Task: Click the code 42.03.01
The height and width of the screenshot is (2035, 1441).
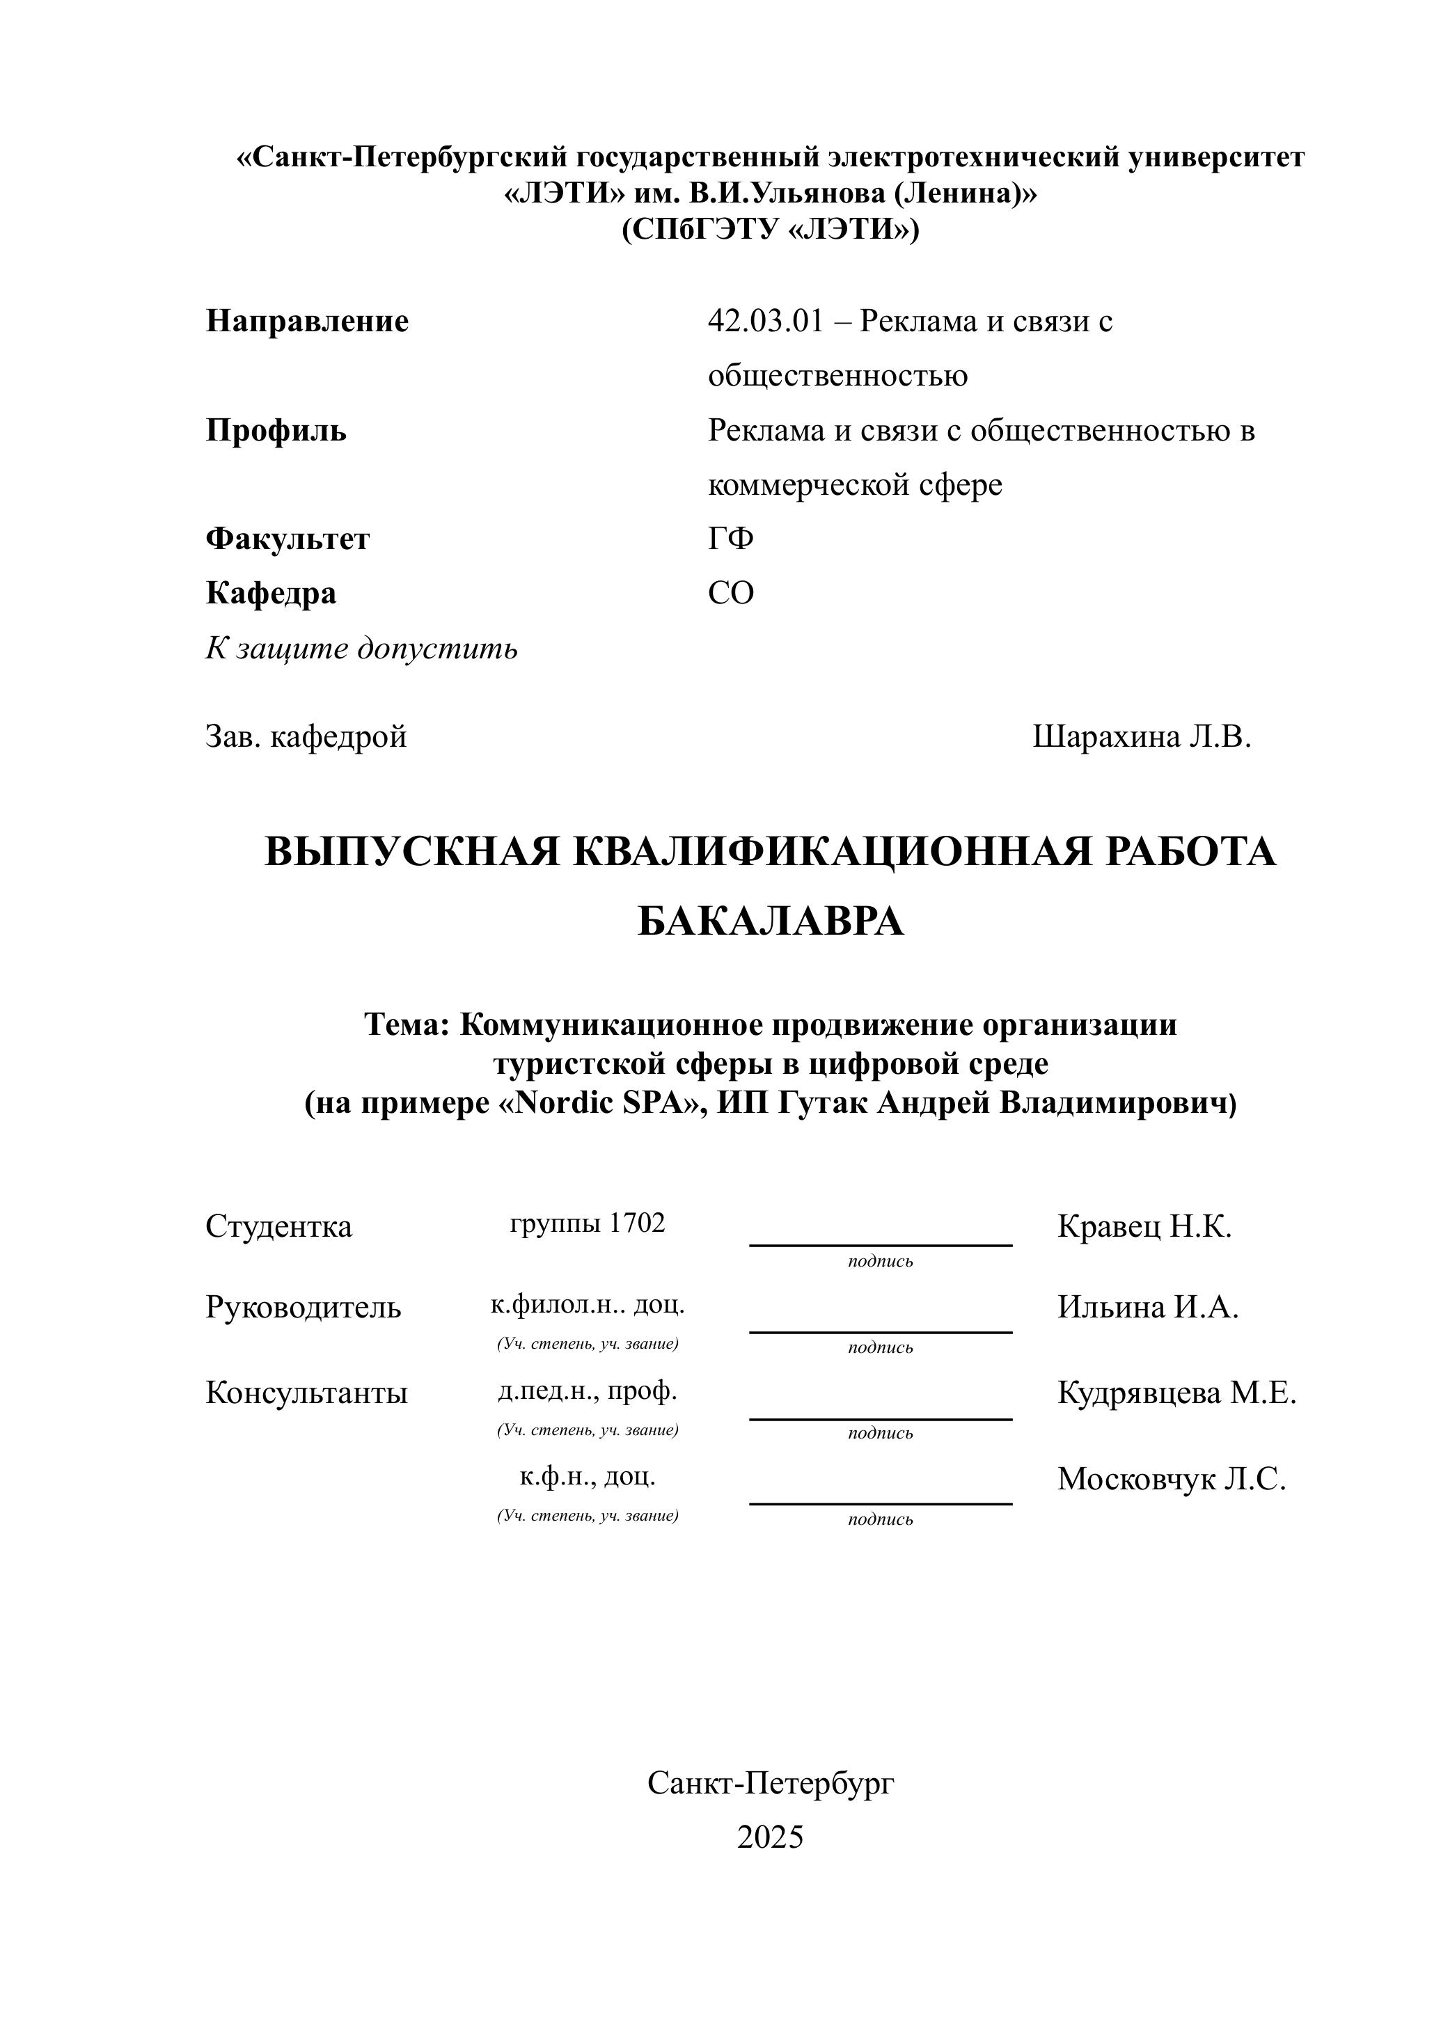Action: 766,321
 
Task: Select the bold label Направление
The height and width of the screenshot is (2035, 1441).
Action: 307,321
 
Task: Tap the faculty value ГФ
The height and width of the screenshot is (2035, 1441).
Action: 730,539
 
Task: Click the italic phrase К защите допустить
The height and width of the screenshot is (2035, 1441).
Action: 361,649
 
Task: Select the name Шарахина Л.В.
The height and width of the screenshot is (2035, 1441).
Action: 1141,736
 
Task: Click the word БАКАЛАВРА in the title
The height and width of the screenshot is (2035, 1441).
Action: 770,921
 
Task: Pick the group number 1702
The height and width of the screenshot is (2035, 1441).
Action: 637,1224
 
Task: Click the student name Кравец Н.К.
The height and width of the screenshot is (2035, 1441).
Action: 1144,1227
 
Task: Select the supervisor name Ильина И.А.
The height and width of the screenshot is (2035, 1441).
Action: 1147,1308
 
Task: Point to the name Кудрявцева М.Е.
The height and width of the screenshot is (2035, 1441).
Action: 1176,1393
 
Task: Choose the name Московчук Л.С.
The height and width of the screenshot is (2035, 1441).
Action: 1172,1479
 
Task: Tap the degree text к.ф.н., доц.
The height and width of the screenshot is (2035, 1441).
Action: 588,1476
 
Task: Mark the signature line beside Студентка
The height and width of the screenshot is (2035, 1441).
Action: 880,1244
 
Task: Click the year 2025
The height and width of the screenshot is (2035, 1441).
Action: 770,1836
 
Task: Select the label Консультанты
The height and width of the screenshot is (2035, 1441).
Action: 306,1393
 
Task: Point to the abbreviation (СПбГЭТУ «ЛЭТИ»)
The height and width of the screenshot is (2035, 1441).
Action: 770,230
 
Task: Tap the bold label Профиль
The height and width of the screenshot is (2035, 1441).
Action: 276,430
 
